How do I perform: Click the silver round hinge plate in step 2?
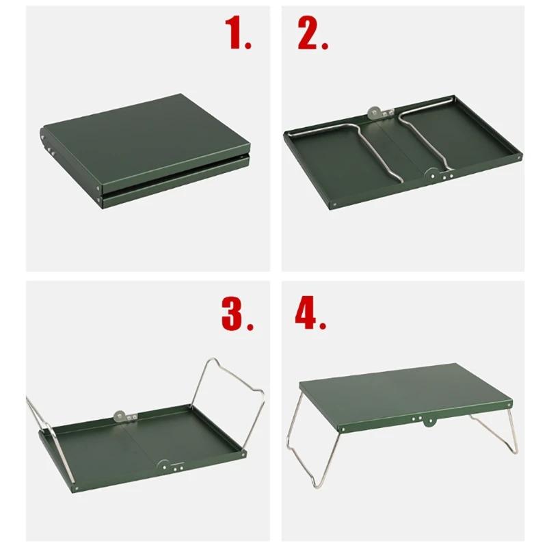click(375, 111)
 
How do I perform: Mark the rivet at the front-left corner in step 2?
click(336, 202)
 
